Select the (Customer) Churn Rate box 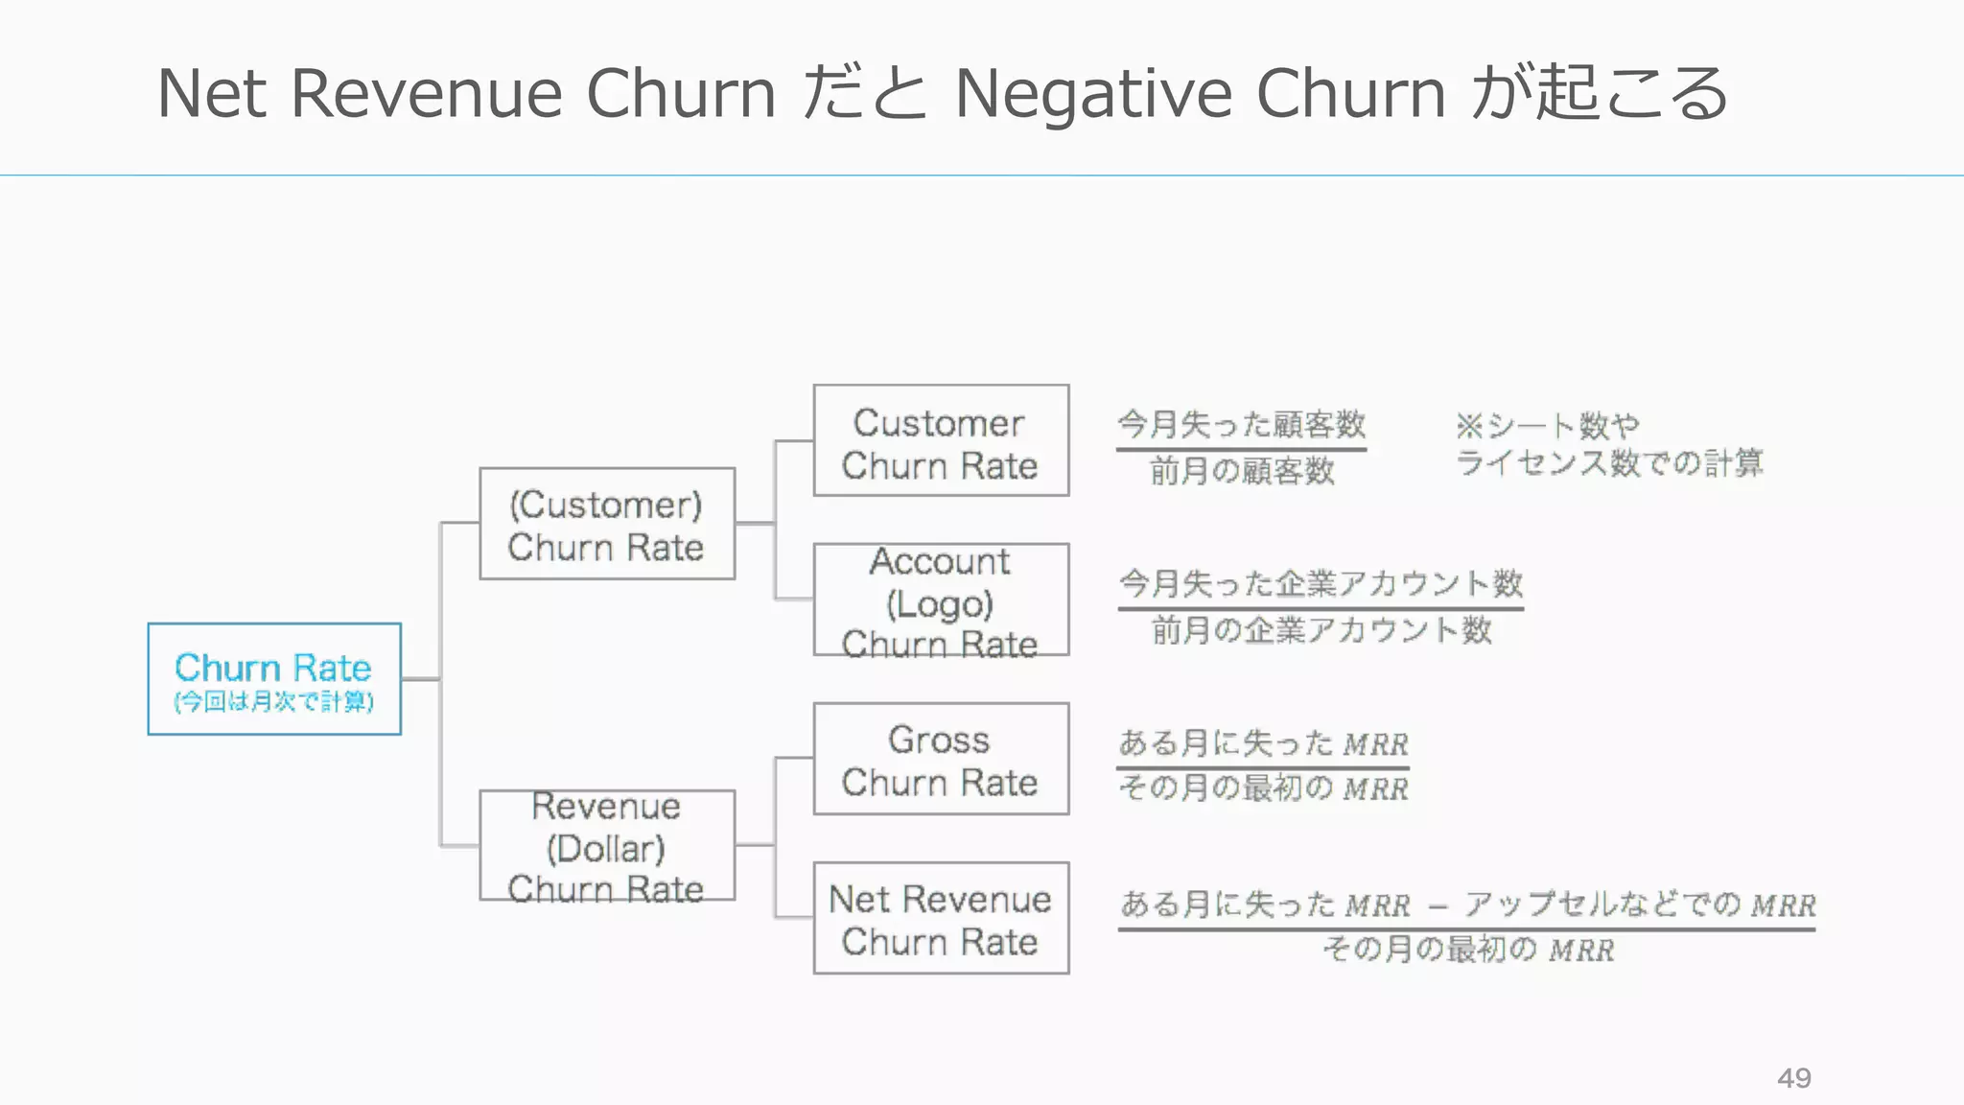click(x=606, y=524)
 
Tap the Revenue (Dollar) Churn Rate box click(x=606, y=846)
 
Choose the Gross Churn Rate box click(x=940, y=760)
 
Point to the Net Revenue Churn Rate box click(x=940, y=919)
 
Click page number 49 click(x=1793, y=1078)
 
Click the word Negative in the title click(x=1093, y=94)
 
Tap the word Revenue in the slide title click(x=426, y=94)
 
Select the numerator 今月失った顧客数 click(x=1241, y=424)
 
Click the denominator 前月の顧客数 click(x=1242, y=471)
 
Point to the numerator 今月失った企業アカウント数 click(x=1321, y=582)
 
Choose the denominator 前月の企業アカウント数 click(x=1321, y=630)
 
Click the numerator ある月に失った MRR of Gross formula click(x=1263, y=743)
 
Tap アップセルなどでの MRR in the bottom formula click(x=1639, y=905)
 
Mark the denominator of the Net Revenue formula click(x=1467, y=950)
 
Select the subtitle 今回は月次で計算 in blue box click(x=273, y=702)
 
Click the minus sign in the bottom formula click(x=1437, y=906)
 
